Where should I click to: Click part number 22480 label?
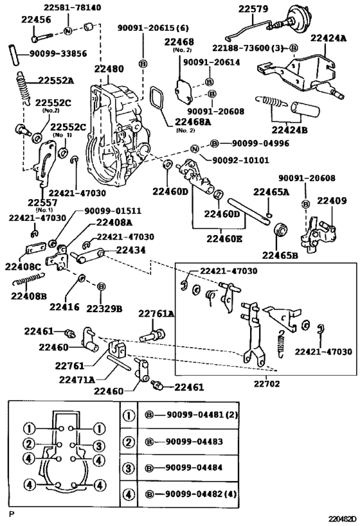tap(109, 69)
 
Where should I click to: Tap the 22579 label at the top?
tap(253, 8)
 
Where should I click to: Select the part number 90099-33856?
tap(58, 54)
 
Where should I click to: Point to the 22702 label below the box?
tap(266, 383)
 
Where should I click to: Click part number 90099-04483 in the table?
tap(194, 441)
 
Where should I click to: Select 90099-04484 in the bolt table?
tap(194, 468)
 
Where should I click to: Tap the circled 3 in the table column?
tap(129, 468)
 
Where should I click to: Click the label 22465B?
tap(280, 256)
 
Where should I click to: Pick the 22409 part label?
tap(332, 200)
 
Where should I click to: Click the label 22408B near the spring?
tap(28, 296)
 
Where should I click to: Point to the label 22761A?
tap(156, 313)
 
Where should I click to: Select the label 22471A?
tap(77, 380)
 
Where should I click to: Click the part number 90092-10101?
tap(240, 160)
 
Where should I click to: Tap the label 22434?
tap(131, 250)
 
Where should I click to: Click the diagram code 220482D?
tap(342, 520)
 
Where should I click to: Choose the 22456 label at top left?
tap(36, 19)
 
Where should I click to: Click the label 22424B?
tap(289, 130)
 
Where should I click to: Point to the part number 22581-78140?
tap(72, 7)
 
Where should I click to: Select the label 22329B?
tap(104, 308)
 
